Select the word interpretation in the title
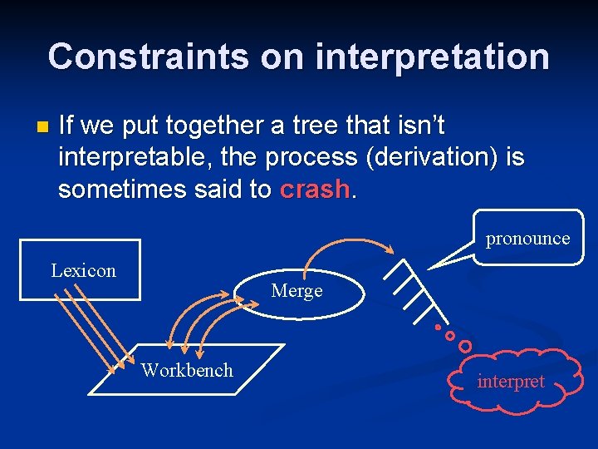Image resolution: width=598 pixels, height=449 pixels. click(x=433, y=57)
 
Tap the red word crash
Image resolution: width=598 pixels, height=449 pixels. click(x=316, y=190)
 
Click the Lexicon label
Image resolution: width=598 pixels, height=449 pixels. click(x=83, y=270)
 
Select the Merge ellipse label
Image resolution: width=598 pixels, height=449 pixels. click(x=297, y=291)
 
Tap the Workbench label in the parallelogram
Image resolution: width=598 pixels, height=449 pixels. click(x=187, y=370)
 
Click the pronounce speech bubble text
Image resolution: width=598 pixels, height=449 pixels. click(x=527, y=239)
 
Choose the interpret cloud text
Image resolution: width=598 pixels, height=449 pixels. click(x=511, y=382)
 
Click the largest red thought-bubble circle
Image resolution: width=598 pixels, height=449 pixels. click(x=465, y=345)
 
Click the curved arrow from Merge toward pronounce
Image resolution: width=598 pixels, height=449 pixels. click(x=349, y=241)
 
